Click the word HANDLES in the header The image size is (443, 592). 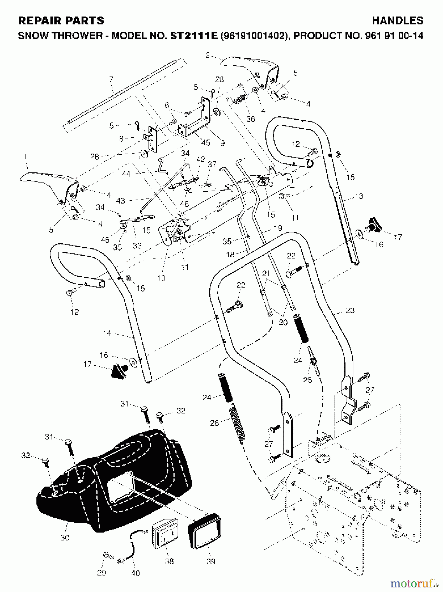[397, 21]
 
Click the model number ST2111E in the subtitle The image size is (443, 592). [194, 36]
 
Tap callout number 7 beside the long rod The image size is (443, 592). [111, 79]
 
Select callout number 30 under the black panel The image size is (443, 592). [65, 538]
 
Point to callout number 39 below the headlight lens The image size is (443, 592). [211, 561]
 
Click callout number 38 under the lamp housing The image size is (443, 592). [169, 561]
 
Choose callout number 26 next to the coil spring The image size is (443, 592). [214, 423]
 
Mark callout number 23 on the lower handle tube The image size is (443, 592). [350, 310]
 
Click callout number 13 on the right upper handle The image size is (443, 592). [359, 196]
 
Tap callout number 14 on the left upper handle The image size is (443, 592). [107, 333]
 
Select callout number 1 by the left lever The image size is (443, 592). [25, 157]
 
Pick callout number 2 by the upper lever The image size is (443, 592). [207, 55]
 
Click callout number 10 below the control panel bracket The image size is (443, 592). [161, 278]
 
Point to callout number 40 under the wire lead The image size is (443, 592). [135, 573]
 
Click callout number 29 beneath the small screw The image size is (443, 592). [102, 573]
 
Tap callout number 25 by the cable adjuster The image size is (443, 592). [307, 380]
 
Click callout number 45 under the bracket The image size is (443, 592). [205, 143]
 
